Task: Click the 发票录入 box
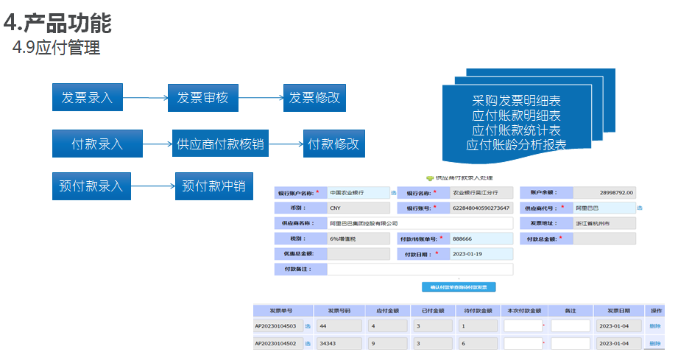[x=87, y=98]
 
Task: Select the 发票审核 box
[x=202, y=98]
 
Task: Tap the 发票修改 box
[x=314, y=98]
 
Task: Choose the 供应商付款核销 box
[x=219, y=144]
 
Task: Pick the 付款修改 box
[x=333, y=144]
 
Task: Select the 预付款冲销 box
[x=213, y=186]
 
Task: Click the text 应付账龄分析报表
[x=516, y=145]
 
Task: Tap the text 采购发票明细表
[x=516, y=101]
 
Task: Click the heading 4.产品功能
[x=57, y=24]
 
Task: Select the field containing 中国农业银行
[x=358, y=192]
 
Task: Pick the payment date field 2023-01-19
[x=481, y=254]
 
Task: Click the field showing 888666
[x=481, y=239]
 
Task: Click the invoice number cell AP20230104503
[x=275, y=325]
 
